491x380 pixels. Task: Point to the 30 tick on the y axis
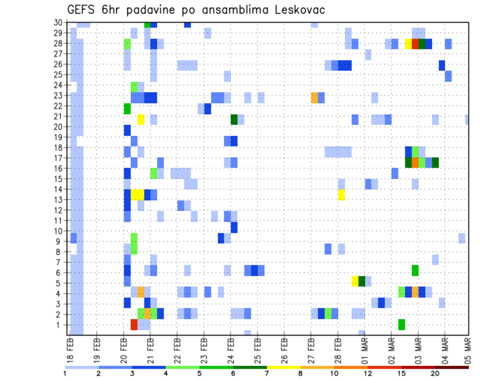58,23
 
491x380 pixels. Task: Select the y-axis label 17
58,158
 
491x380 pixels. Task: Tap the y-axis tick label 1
60,325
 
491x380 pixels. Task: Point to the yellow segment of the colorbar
283,367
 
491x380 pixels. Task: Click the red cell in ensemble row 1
134,325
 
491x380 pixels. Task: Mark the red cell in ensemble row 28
415,44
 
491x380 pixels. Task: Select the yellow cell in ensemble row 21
141,119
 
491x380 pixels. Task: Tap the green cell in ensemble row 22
127,109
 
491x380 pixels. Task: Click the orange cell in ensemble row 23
315,98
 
